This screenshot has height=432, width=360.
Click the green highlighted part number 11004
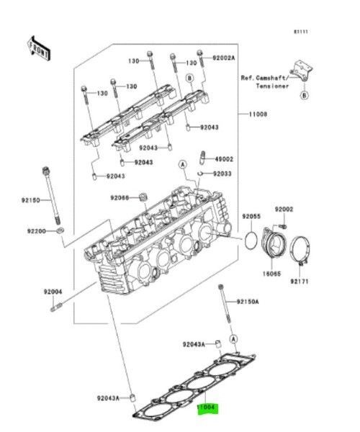point(210,406)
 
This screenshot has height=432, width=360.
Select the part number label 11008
point(259,114)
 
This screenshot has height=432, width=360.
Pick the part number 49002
point(225,158)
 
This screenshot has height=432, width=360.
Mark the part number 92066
point(120,197)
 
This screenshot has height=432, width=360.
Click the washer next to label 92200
point(58,231)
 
